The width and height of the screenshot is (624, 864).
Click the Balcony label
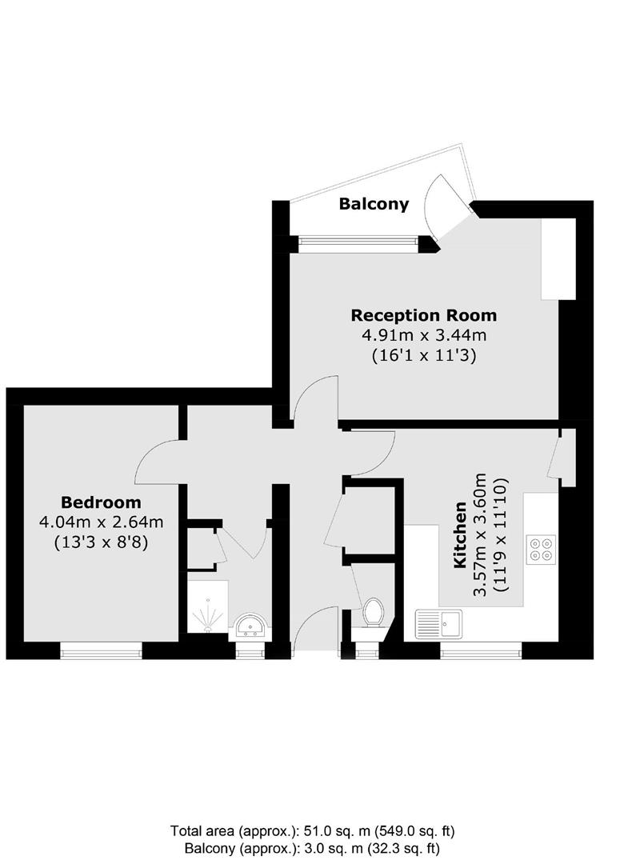pos(374,204)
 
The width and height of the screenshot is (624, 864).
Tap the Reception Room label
pos(424,315)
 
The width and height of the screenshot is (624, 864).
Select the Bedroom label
pos(101,502)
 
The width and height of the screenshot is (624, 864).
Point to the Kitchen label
pos(461,535)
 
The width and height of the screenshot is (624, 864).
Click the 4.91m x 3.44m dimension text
pos(424,335)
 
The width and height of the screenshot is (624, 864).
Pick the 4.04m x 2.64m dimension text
pos(101,522)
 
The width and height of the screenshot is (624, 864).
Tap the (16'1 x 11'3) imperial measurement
pos(424,356)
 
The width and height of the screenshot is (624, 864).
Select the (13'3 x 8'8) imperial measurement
pos(101,542)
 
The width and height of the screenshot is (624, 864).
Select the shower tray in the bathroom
pos(208,607)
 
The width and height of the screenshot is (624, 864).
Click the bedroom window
pos(102,652)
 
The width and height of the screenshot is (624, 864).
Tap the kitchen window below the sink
pos(481,652)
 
